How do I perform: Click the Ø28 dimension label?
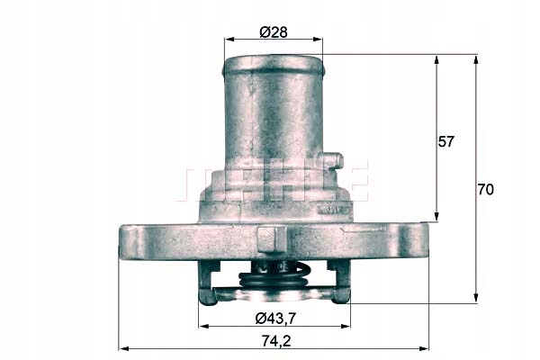click(x=273, y=31)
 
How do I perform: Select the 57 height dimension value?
click(x=445, y=142)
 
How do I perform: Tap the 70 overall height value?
click(x=485, y=190)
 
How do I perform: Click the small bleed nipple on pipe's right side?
click(x=334, y=161)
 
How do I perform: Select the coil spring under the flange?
click(x=274, y=278)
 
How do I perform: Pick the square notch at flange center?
click(x=273, y=238)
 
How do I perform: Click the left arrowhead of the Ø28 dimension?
click(x=228, y=40)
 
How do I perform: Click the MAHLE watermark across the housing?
click(x=274, y=182)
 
